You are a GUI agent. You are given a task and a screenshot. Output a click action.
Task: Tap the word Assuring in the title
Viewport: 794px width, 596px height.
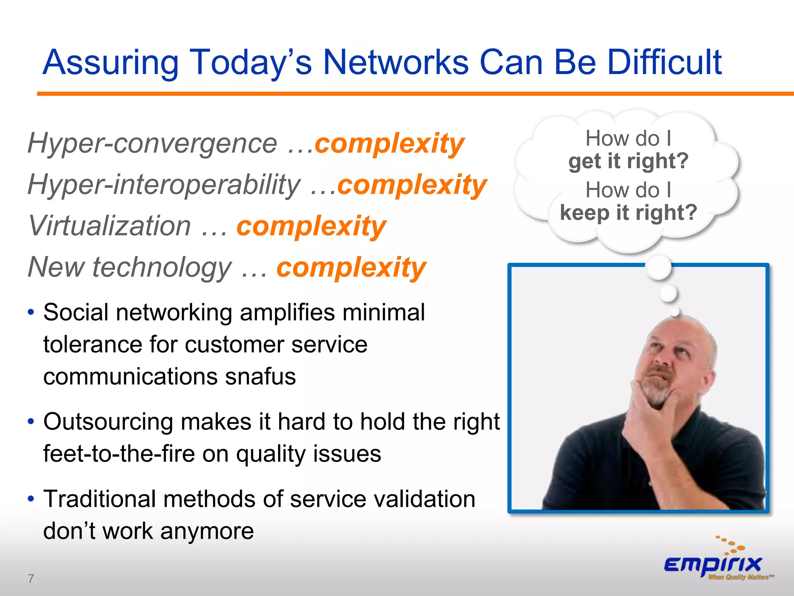[110, 63]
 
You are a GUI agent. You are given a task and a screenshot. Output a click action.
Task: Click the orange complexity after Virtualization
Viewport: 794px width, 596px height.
[311, 226]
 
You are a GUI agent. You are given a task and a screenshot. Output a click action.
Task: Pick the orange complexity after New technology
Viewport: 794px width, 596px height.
[351, 268]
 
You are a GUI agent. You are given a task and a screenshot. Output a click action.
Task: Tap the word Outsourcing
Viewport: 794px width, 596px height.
[108, 422]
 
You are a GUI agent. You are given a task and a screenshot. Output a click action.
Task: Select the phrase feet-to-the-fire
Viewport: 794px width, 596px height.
[119, 454]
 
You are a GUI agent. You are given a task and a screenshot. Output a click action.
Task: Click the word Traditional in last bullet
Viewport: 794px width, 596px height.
[99, 499]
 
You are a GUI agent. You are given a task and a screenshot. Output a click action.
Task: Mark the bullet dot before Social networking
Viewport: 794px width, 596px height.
[31, 313]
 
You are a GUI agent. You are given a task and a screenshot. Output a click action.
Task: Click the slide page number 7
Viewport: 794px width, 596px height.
[31, 579]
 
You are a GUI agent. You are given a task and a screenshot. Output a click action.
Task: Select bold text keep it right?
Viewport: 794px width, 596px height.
[628, 213]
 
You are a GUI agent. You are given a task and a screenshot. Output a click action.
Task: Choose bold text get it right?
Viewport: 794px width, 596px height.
[628, 161]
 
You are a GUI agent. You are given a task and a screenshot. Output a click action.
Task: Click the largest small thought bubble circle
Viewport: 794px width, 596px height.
[658, 267]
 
